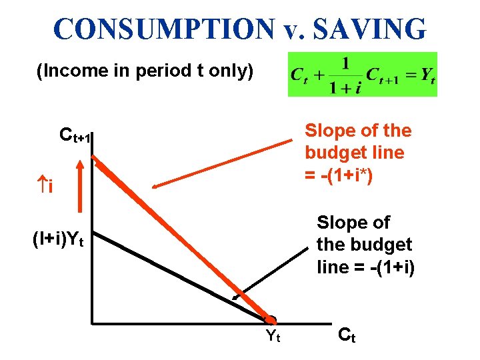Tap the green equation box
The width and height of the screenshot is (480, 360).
(x=362, y=74)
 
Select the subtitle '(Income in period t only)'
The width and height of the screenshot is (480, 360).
(x=145, y=71)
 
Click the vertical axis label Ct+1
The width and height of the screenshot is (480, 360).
(x=74, y=137)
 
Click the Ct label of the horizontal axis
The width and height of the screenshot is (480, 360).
(x=347, y=335)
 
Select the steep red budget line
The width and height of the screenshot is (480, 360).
(x=180, y=239)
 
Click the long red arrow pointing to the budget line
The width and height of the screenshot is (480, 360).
(x=223, y=164)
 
